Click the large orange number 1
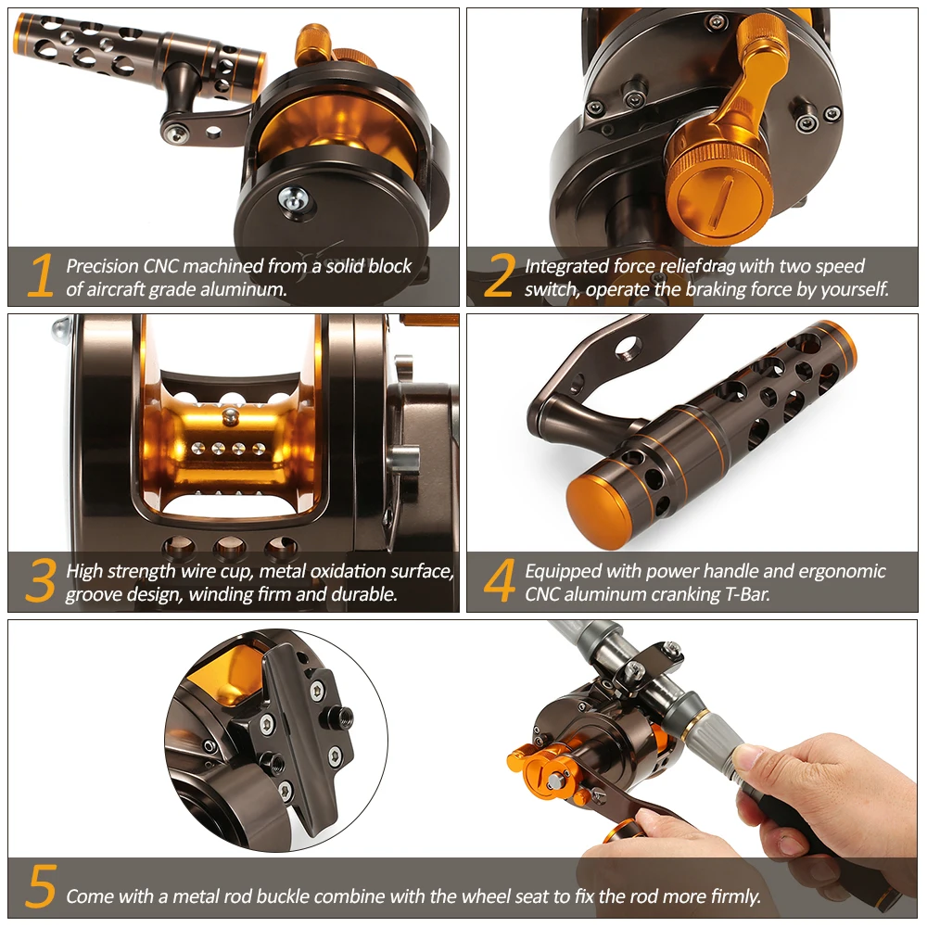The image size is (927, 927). point(40,275)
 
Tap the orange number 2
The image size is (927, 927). point(499,275)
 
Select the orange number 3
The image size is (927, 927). point(41,580)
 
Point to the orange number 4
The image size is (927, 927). point(500,580)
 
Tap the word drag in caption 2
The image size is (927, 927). point(719,267)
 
